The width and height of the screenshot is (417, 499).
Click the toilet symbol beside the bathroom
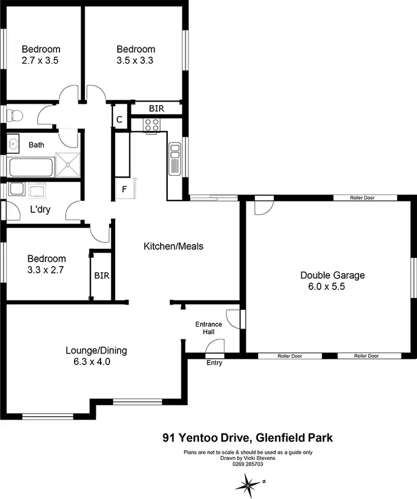[15, 116]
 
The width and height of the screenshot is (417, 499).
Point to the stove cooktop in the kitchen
[152, 126]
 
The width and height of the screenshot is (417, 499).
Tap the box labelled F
[125, 189]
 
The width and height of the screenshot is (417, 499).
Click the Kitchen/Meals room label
[173, 246]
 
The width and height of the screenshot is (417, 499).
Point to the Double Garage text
[332, 275]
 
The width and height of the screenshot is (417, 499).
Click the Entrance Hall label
[209, 328]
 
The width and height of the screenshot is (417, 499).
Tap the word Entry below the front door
[214, 363]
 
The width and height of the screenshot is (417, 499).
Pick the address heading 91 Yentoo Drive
[247, 438]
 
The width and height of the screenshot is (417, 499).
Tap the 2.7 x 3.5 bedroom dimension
[41, 60]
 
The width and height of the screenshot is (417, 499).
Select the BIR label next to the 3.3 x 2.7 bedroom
[102, 275]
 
